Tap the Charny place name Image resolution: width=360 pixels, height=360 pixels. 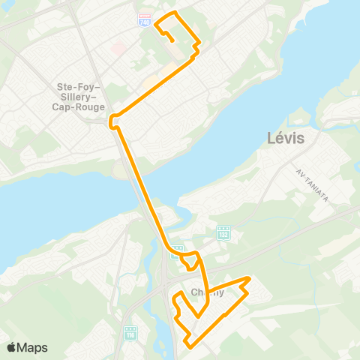(x=207, y=292)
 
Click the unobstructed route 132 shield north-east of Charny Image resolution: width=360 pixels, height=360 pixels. (x=223, y=232)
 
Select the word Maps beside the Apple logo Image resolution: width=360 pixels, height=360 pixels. (x=32, y=347)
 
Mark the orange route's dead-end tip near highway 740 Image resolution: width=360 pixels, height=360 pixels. (x=174, y=41)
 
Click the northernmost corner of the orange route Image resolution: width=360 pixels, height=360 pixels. (x=175, y=13)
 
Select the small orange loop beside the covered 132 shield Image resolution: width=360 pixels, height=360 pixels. (x=192, y=260)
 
